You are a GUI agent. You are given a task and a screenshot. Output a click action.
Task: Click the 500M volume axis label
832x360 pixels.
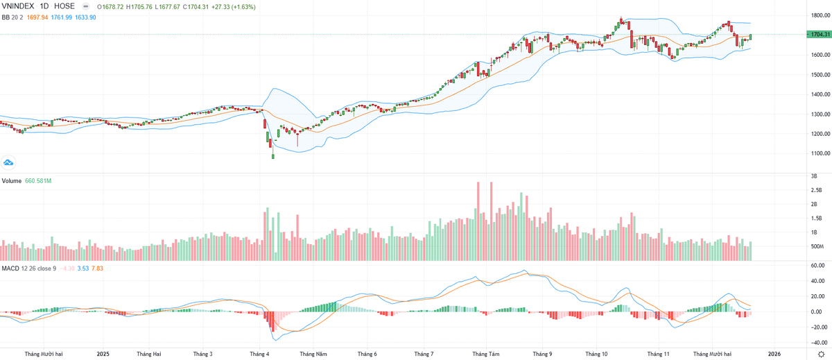coord(816,247)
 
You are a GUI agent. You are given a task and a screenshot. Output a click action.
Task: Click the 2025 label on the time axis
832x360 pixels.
coord(103,354)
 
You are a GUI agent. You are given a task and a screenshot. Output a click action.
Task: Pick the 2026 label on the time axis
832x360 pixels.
coord(774,354)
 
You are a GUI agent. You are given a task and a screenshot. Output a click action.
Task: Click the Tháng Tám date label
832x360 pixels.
coord(485,354)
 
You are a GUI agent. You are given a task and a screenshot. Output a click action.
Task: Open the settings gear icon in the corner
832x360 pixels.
coord(821,354)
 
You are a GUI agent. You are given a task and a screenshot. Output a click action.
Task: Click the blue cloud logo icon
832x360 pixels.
coord(9,162)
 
